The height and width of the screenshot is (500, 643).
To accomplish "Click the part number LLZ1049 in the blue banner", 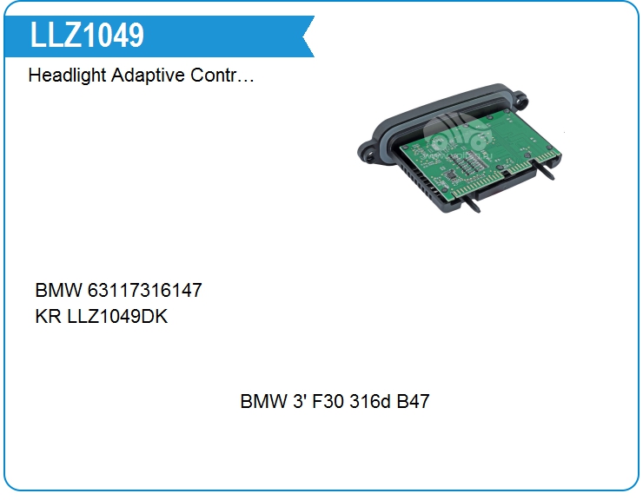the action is coord(87,35).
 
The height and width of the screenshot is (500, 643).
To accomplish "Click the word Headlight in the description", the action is coord(67,76).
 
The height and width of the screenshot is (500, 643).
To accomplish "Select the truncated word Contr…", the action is coord(222,75).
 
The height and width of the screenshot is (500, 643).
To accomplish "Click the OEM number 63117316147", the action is coord(145,290).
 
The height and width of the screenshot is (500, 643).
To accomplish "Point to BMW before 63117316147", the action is coord(58,290).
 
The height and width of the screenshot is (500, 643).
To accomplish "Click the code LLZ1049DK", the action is coord(117,316).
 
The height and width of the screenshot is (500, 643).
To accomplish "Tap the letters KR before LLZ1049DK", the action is coord(49,316).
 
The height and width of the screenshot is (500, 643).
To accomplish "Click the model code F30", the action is coord(328,401).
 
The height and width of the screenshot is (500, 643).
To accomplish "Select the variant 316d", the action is coord(370,401).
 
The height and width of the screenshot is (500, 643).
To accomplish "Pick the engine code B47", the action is coord(413,401).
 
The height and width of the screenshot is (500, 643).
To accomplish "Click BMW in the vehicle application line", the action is coord(263,401).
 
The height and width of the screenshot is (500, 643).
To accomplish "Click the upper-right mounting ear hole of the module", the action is coord(519,99).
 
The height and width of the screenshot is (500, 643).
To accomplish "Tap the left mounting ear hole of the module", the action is coord(369,155).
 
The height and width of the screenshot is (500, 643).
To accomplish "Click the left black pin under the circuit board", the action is coord(472,203).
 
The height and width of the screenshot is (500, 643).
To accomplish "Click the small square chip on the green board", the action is coord(451,175).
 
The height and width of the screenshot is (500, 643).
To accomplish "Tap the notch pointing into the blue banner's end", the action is coord(304,36).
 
